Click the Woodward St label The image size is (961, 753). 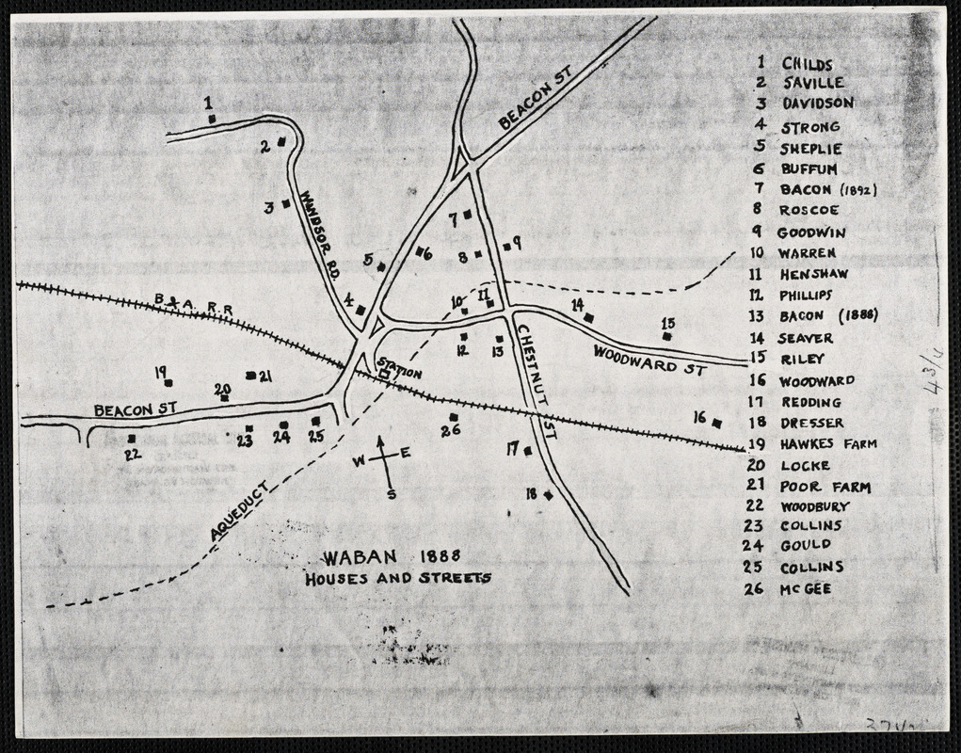pyautogui.click(x=649, y=360)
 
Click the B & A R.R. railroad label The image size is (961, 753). pyautogui.click(x=194, y=303)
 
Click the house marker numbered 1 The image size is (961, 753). pyautogui.click(x=213, y=119)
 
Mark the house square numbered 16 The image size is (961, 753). pyautogui.click(x=717, y=424)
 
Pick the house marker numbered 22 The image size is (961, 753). pyautogui.click(x=132, y=438)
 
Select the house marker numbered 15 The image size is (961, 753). pyautogui.click(x=667, y=336)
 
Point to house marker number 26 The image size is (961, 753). pyautogui.click(x=454, y=417)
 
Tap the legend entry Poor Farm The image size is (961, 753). pyautogui.click(x=825, y=487)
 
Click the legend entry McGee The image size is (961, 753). pyautogui.click(x=806, y=589)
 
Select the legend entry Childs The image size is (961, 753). pyautogui.click(x=807, y=64)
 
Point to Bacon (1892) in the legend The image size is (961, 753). pyautogui.click(x=828, y=189)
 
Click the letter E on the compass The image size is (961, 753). pyautogui.click(x=406, y=454)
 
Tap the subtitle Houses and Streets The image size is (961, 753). pyautogui.click(x=397, y=578)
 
